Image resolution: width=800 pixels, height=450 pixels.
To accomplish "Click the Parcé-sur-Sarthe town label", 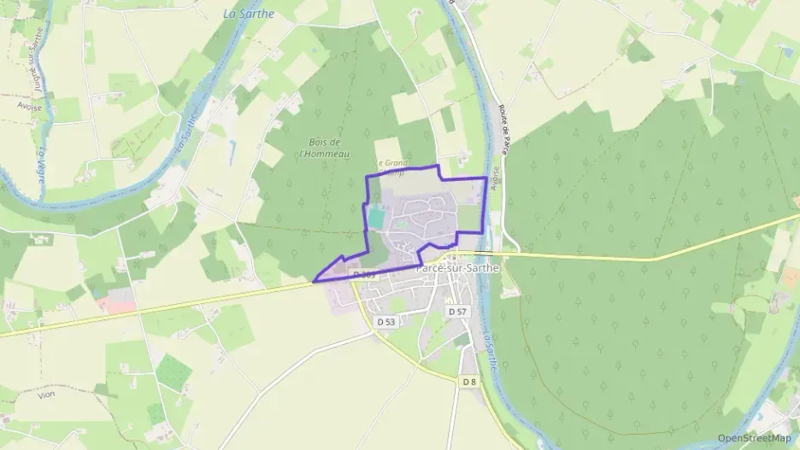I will click(x=456, y=268).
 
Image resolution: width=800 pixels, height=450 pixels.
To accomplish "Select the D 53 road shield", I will click(x=385, y=322).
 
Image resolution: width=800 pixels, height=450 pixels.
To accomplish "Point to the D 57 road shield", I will click(x=457, y=313).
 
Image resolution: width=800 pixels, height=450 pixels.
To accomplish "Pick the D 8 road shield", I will click(x=468, y=382).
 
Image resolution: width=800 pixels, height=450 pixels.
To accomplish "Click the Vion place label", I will click(x=46, y=395).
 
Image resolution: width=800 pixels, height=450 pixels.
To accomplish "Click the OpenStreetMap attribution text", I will click(x=754, y=438).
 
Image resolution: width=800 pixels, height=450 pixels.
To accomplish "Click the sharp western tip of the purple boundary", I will click(x=315, y=280).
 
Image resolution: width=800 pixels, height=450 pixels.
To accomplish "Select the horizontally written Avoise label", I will click(x=30, y=108).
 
